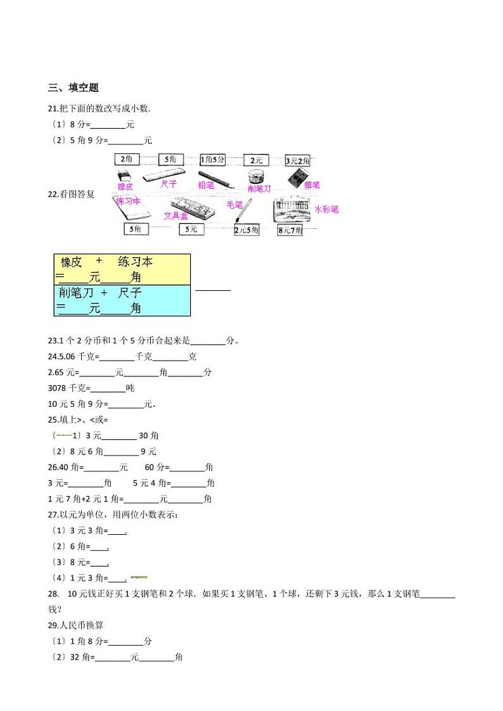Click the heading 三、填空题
click(73, 88)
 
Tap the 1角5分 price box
click(213, 161)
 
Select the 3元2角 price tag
click(297, 162)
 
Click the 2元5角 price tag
click(246, 230)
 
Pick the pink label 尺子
click(169, 184)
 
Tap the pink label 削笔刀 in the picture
click(259, 188)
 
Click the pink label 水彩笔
click(326, 208)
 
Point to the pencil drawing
click(215, 179)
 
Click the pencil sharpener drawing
click(258, 176)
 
